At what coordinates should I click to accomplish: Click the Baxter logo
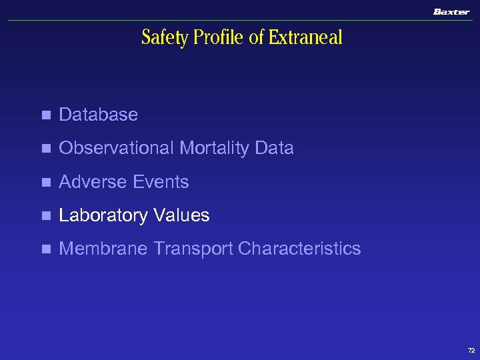(451, 11)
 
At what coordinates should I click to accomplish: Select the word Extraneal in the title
(305, 38)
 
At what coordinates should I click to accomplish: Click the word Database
(98, 115)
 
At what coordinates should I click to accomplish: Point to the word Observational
(117, 148)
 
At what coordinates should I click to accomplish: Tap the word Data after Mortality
(274, 148)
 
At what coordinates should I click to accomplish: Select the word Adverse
(93, 182)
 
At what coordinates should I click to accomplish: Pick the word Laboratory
(103, 215)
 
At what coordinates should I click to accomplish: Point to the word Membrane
(104, 249)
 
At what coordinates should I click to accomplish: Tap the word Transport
(193, 249)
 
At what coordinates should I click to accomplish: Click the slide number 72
(471, 350)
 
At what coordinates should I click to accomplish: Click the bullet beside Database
(45, 115)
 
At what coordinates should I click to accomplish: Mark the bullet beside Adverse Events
(45, 183)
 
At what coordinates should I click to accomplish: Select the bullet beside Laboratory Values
(45, 216)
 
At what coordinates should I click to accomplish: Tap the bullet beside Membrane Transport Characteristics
(45, 249)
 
